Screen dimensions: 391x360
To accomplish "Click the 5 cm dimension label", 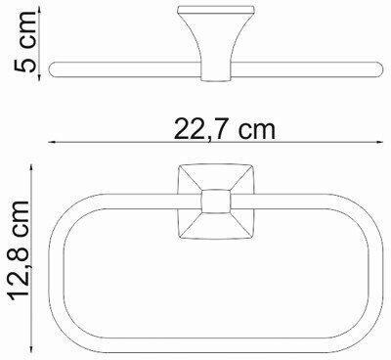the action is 24,42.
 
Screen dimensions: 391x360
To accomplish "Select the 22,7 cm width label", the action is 225,128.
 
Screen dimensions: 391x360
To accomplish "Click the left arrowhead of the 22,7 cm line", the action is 52,142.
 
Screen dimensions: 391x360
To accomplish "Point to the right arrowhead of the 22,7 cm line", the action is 379,142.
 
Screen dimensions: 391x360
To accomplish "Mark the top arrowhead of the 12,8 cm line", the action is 31,168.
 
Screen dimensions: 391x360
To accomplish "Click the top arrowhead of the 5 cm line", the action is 39,12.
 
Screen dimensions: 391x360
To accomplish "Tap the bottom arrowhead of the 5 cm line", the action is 39,76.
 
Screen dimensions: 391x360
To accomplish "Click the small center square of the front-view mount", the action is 216,202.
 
